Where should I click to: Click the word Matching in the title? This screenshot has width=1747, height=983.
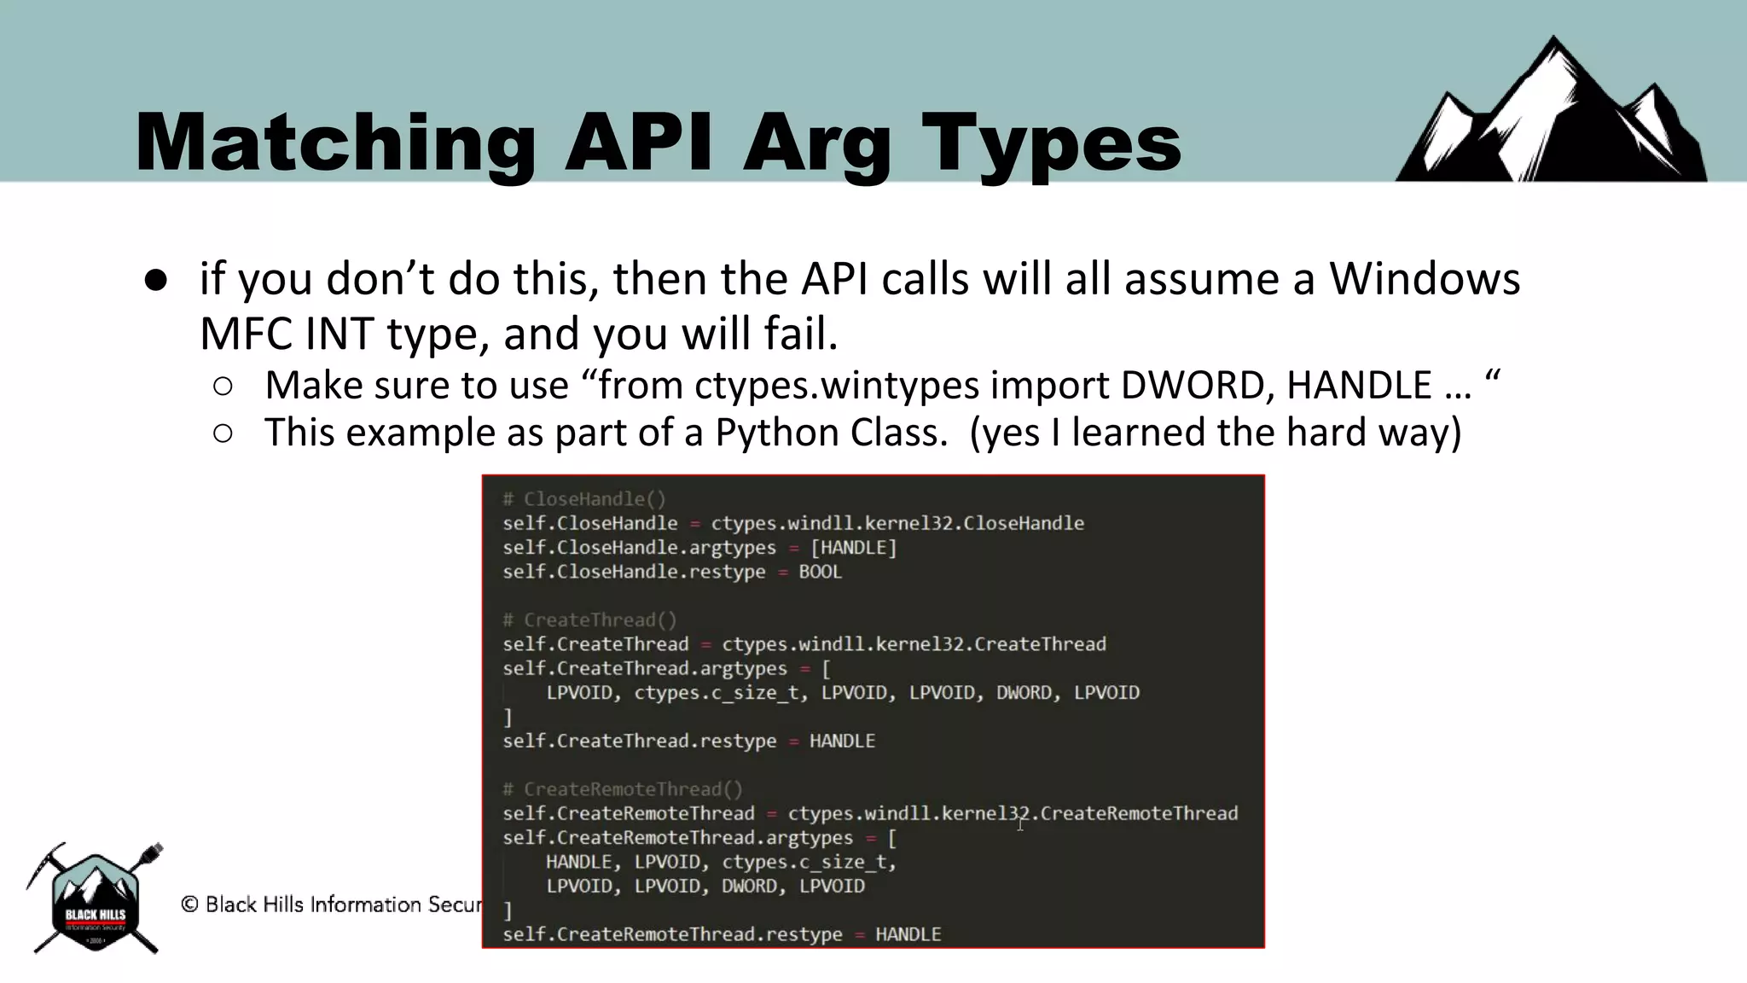pos(335,143)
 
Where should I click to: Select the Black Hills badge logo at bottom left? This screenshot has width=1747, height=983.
pos(96,899)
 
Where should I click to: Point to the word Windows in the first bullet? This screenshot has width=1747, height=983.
pos(1425,279)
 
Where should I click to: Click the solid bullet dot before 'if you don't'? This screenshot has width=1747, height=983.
pos(156,280)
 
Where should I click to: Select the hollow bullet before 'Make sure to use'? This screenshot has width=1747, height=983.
pos(223,387)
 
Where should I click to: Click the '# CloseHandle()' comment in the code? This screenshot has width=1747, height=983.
pos(584,499)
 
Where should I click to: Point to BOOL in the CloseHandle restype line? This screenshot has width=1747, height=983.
pos(820,572)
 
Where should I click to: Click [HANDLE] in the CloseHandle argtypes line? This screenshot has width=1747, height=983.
pos(853,548)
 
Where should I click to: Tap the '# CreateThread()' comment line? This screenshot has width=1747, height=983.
pos(589,620)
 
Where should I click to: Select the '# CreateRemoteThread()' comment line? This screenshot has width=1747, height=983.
pos(623,789)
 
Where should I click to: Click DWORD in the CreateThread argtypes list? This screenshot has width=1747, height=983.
pos(1024,693)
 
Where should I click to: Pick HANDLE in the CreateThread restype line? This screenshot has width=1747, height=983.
pos(842,741)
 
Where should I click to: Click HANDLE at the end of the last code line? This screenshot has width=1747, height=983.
pos(908,934)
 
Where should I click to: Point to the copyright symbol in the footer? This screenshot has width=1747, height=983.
pos(189,904)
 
